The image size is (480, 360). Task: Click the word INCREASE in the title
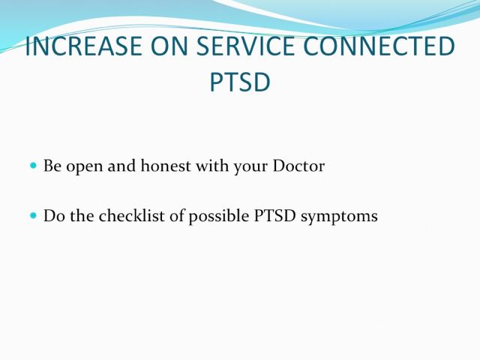coord(83,46)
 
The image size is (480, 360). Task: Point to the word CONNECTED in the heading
coord(379,46)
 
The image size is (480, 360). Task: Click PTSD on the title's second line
coord(240,82)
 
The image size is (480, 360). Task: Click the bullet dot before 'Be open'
coord(33,166)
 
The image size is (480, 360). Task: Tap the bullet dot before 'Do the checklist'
coord(33,215)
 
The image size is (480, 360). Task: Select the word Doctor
coord(298,166)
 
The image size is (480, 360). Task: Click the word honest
coord(166,166)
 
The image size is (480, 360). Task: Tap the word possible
coord(219,217)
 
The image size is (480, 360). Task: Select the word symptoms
coord(339,217)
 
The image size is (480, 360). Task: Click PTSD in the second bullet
coord(275,216)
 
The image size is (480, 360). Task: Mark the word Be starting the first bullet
coord(52,166)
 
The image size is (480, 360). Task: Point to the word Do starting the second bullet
coord(54,216)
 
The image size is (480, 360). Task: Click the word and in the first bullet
coord(121,166)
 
